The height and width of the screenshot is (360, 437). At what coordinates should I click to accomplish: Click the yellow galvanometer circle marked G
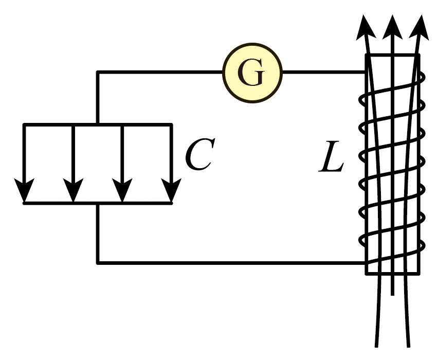point(252,73)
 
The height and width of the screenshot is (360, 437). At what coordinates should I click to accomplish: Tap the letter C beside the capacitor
point(200,154)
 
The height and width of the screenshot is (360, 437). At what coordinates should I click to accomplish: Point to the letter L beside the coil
point(331,156)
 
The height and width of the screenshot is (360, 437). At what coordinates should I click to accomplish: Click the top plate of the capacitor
point(98,124)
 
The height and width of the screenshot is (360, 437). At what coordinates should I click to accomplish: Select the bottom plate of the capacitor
point(98,203)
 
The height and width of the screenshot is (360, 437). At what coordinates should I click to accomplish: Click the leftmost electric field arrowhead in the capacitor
point(24,190)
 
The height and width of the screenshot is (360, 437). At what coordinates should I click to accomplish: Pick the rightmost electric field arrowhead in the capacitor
point(171,190)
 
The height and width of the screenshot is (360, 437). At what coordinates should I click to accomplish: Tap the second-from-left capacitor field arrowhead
point(73,190)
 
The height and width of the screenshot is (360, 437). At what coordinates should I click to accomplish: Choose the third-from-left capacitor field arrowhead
point(122,190)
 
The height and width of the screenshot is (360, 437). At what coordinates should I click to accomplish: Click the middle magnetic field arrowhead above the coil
point(392,27)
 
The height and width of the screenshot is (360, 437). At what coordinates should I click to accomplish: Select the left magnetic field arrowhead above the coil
point(365,27)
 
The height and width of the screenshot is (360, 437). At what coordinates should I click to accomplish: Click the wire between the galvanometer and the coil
point(324,72)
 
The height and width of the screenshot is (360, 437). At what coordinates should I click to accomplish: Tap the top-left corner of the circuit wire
point(98,72)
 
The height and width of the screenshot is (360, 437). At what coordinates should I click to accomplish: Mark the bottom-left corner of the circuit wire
point(98,263)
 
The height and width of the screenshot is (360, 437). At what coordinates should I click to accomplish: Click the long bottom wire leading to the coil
point(232,263)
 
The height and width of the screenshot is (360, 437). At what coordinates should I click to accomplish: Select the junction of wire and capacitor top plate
point(98,124)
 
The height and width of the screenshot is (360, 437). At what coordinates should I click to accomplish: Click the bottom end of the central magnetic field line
point(392,295)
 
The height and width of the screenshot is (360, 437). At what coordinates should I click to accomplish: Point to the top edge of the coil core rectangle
point(392,55)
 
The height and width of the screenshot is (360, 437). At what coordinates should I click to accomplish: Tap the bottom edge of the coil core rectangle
point(392,274)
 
